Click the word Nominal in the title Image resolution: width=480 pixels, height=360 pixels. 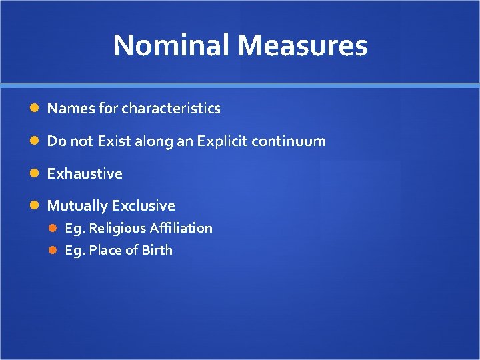[172, 45]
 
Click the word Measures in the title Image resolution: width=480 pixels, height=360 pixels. [302, 45]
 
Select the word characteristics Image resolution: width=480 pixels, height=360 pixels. [171, 108]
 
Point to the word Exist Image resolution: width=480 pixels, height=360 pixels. [113, 141]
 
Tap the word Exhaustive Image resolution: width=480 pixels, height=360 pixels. [85, 173]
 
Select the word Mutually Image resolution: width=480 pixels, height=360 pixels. [77, 205]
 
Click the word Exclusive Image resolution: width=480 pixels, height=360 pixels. [143, 205]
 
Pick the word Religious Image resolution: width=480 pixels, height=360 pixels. [117, 228]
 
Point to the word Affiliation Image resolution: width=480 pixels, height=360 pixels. [181, 228]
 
